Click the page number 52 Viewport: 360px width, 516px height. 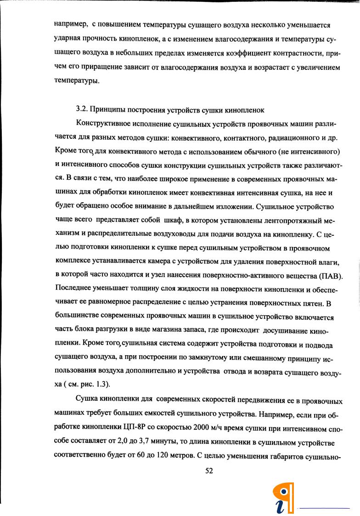point(210,470)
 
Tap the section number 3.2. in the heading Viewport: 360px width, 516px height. point(82,110)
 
